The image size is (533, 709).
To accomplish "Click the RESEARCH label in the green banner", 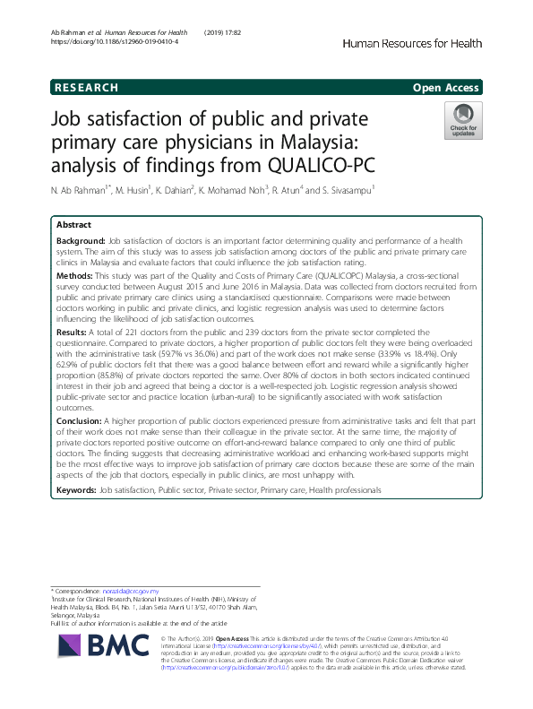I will (x=86, y=88).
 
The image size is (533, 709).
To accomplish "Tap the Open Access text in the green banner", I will (x=446, y=88).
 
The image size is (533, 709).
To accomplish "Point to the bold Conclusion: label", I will (x=80, y=421).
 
